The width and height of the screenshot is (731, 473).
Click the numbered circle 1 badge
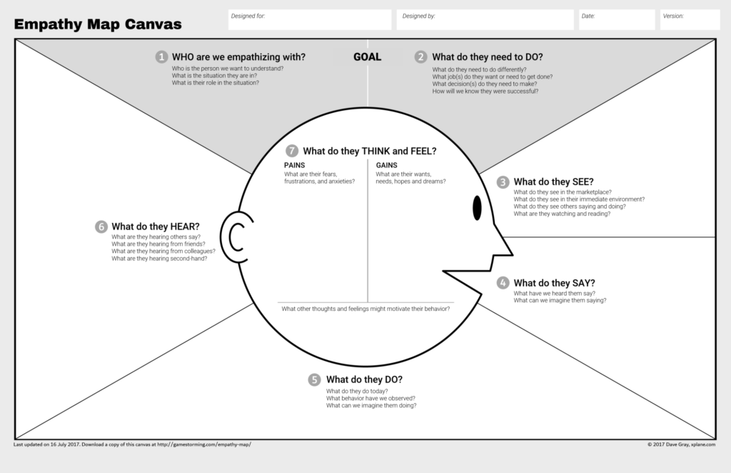162,57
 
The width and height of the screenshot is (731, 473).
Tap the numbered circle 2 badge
422,57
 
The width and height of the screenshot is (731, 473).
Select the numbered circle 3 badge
503,182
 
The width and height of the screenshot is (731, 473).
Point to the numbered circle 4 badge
503,283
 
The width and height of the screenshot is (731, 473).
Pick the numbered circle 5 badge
315,379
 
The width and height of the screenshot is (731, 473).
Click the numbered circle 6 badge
101,226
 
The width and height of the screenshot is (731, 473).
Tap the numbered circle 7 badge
291,151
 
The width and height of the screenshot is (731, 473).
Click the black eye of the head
477,208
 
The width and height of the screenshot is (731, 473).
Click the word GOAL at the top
368,57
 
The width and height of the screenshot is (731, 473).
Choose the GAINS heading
386,165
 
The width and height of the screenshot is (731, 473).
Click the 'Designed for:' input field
310,20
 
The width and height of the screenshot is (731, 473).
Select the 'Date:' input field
615,20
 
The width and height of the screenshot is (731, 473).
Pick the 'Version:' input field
690,20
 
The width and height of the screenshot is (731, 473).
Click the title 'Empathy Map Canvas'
98,24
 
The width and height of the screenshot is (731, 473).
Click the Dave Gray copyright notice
682,445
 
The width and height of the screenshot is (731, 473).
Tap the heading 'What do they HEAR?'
156,226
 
